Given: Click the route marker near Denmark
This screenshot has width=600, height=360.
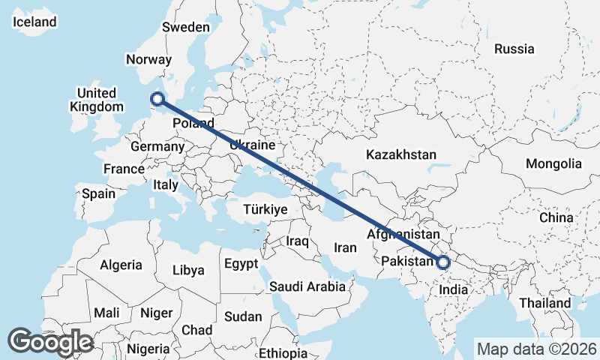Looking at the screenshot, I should (x=157, y=97).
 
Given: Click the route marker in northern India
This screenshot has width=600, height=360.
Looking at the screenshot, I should (x=443, y=262).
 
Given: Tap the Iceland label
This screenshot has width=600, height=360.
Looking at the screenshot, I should (x=35, y=22).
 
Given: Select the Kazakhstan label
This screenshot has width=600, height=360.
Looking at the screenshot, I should (x=401, y=155).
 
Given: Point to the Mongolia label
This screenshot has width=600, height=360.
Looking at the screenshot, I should (x=553, y=163).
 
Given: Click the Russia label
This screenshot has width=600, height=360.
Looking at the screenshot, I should (x=514, y=49).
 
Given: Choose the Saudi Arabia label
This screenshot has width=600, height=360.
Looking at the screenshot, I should (x=307, y=286).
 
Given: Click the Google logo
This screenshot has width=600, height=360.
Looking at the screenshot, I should (x=50, y=342).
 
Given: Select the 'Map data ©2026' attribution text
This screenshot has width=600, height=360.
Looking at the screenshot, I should (x=536, y=349).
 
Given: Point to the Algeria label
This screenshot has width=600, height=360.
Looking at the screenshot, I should (x=121, y=265).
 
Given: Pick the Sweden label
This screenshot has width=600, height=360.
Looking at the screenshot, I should (x=186, y=27).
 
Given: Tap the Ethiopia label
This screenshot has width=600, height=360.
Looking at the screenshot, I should (x=283, y=353).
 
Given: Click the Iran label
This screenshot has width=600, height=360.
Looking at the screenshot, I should (x=345, y=247).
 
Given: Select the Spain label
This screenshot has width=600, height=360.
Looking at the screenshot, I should (x=99, y=193).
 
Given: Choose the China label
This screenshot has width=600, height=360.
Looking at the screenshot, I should (x=556, y=217).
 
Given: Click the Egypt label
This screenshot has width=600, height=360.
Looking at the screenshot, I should (x=241, y=264).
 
